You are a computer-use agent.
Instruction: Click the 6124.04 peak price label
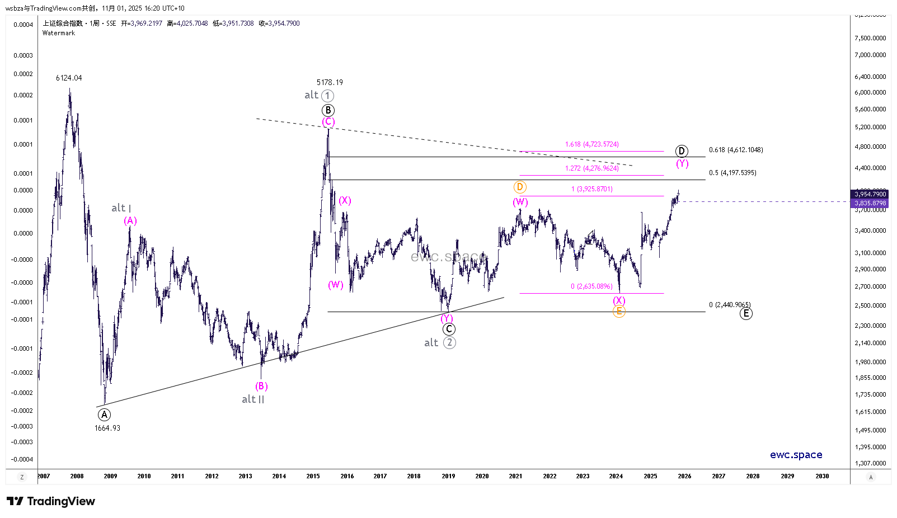click(69, 78)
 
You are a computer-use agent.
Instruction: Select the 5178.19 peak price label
click(330, 82)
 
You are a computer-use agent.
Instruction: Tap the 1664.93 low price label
click(107, 428)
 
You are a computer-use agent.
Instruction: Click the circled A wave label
click(104, 415)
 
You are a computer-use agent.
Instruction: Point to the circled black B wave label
click(328, 110)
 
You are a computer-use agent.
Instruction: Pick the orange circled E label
click(618, 312)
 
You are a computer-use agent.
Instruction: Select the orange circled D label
click(520, 187)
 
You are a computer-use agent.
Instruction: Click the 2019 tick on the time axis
click(448, 476)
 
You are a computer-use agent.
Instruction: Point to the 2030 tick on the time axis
click(822, 476)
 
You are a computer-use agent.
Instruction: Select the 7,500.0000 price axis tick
click(870, 38)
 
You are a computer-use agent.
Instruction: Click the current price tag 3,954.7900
click(870, 194)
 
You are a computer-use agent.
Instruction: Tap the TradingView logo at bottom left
click(51, 501)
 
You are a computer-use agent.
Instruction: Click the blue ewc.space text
click(796, 455)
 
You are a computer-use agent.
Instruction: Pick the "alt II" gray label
click(253, 399)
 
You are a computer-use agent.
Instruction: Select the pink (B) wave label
click(261, 386)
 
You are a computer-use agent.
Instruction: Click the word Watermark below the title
click(59, 33)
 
